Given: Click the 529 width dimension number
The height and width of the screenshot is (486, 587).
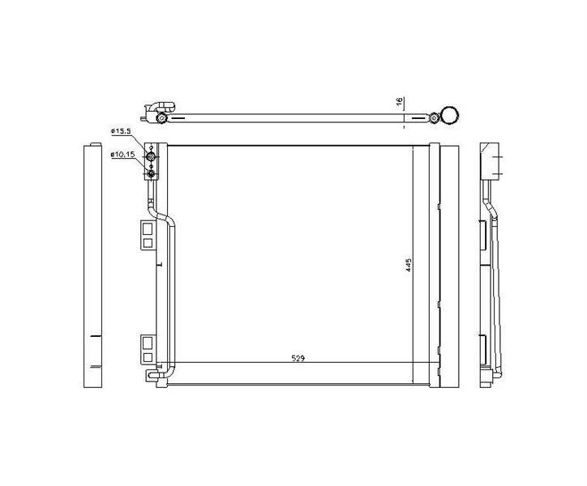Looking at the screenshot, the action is coord(298,358).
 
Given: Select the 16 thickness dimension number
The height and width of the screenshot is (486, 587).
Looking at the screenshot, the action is coord(399,101).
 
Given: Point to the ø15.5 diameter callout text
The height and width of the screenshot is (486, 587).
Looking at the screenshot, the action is coord(120,131).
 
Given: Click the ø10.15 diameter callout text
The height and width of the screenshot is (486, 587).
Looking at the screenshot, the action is coord(122,154).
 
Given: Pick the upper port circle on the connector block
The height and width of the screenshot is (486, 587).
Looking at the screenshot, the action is coord(151,156).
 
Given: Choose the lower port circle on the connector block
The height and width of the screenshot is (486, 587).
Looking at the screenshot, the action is coord(151,173).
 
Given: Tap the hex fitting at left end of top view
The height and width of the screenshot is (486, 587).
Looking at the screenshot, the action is coord(161,118).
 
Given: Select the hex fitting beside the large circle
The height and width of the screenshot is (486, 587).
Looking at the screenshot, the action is coord(434,117).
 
